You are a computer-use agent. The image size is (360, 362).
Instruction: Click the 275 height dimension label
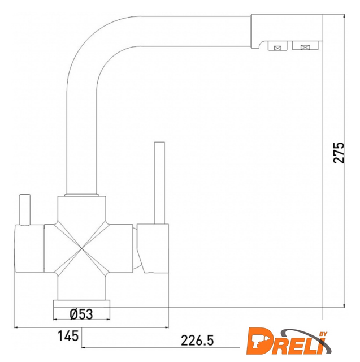click(339, 153)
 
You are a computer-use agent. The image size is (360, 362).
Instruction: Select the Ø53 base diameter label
click(81, 314)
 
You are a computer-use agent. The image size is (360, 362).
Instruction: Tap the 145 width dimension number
click(68, 335)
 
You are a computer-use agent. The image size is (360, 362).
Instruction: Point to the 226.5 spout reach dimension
click(197, 341)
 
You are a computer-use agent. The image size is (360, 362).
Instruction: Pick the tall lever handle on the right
click(159, 183)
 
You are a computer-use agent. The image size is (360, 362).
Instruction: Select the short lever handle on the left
click(25, 209)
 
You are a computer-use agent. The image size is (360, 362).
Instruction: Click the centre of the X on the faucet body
click(82, 248)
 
